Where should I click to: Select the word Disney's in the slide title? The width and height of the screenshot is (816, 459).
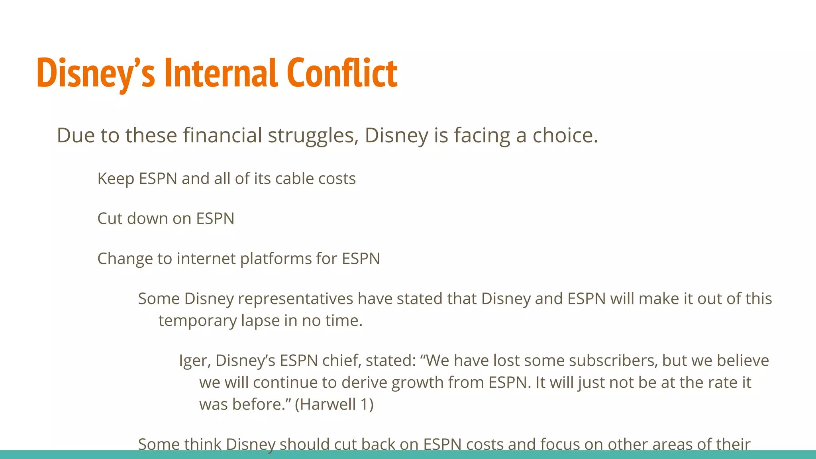click(x=96, y=74)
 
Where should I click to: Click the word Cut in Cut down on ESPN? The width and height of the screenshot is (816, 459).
click(x=110, y=219)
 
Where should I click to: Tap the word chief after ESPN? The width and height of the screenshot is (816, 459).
click(x=341, y=361)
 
